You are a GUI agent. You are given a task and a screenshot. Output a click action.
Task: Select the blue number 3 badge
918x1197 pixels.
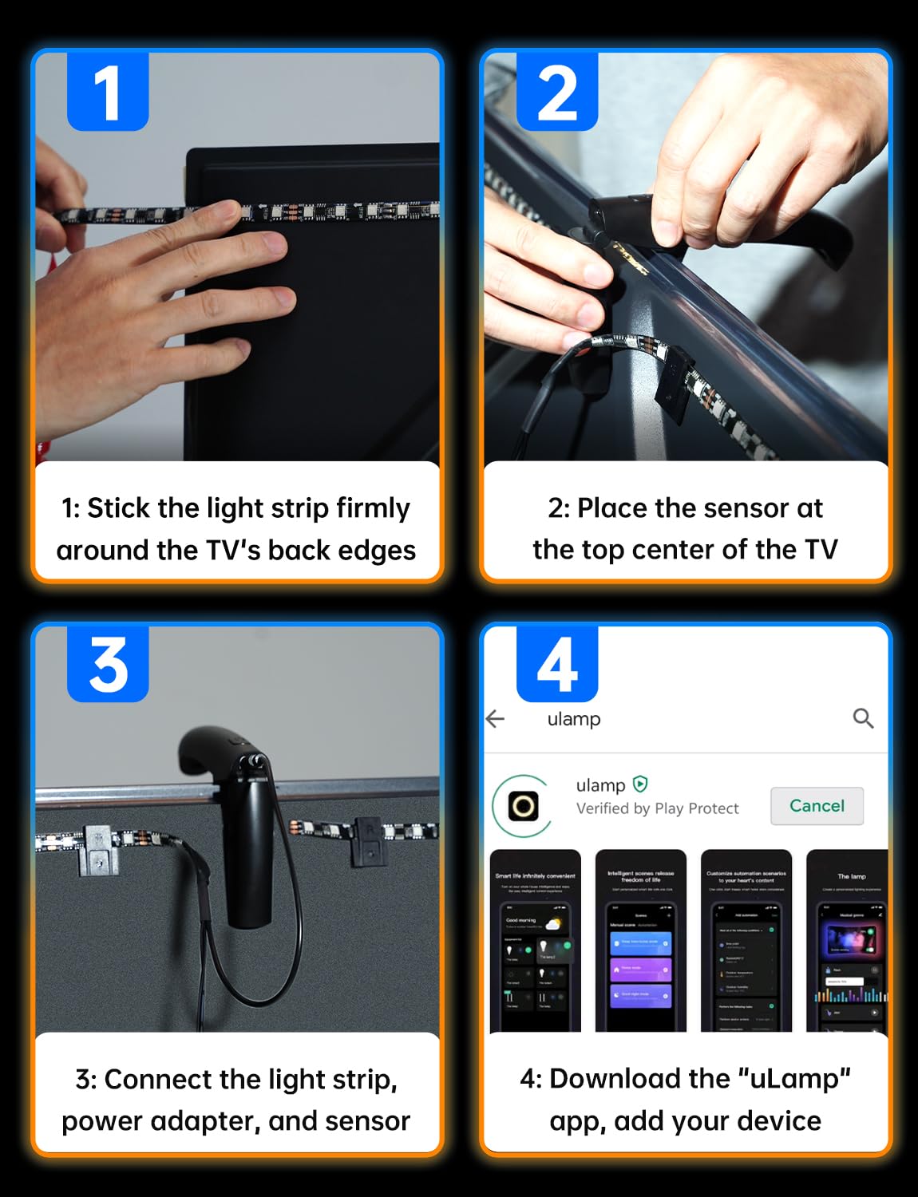108,664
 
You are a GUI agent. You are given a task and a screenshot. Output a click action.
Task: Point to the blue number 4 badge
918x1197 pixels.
557,664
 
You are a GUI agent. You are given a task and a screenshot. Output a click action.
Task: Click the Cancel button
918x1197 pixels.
817,806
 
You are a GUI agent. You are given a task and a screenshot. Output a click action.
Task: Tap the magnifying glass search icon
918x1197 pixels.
863,718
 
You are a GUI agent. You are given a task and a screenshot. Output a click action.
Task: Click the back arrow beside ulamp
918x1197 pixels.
496,719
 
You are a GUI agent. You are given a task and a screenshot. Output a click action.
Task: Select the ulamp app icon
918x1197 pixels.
523,806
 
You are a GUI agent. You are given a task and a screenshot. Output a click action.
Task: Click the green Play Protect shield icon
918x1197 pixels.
640,784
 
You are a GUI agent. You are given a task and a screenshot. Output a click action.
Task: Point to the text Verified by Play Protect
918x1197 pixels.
657,808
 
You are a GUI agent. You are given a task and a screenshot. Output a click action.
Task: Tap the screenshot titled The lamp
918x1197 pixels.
848,942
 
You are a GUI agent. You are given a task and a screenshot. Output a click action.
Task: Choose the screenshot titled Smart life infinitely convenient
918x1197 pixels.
535,942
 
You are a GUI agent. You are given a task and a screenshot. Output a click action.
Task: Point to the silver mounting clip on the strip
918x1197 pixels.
97,849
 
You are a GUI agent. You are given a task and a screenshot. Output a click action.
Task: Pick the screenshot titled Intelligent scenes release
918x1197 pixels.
641,942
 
